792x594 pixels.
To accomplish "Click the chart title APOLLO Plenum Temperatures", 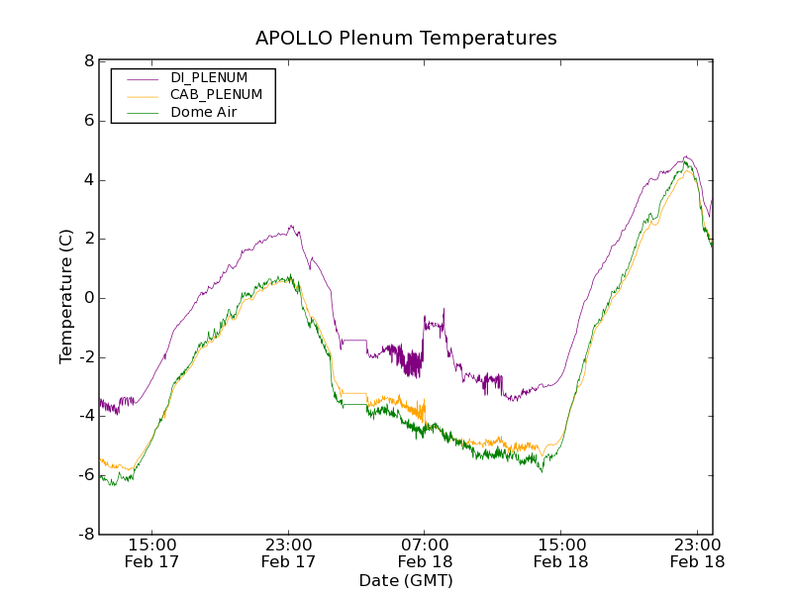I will click(x=406, y=39).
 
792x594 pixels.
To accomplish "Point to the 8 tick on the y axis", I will click(x=89, y=61).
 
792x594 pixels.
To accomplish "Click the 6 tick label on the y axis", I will click(x=89, y=121).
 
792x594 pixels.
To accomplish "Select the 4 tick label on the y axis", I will click(x=89, y=180).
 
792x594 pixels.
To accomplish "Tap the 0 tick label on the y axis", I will click(x=89, y=298).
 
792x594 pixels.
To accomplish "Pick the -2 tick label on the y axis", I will click(x=86, y=357).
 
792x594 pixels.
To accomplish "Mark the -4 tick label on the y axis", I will click(x=86, y=416).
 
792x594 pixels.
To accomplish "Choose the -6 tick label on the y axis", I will click(x=86, y=475).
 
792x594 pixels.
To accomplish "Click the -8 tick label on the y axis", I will click(x=86, y=535).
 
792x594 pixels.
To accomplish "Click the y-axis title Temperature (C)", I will click(x=66, y=297).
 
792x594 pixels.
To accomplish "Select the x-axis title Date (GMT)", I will click(x=406, y=580).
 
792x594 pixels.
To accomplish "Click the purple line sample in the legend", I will click(x=143, y=78).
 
